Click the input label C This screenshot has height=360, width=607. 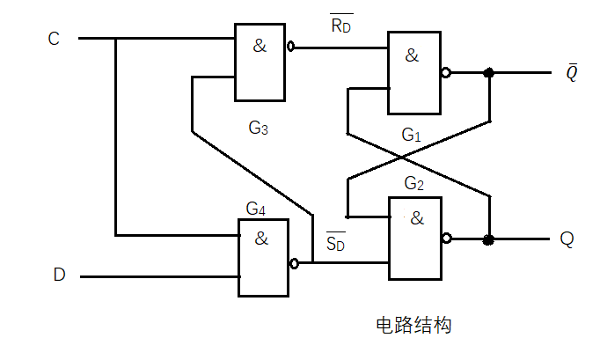[x=54, y=39]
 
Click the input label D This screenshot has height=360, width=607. [x=59, y=276]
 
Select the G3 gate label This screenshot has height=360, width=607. [x=258, y=129]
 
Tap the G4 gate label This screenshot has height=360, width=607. [x=256, y=209]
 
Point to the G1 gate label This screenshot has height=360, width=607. [x=412, y=135]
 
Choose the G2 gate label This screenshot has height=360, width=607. [x=414, y=184]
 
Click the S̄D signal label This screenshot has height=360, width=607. [x=336, y=241]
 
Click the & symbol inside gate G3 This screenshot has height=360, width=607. [x=260, y=46]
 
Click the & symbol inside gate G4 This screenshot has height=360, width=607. [x=261, y=238]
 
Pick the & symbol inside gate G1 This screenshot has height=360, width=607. [x=412, y=55]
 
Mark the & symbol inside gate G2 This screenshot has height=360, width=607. [x=416, y=218]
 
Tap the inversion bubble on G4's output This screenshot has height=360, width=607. [x=294, y=262]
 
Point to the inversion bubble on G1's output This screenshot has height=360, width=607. [x=446, y=74]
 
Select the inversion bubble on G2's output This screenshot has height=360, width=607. [x=447, y=239]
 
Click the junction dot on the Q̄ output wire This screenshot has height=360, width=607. [x=489, y=74]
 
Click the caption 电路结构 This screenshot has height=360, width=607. [x=413, y=326]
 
